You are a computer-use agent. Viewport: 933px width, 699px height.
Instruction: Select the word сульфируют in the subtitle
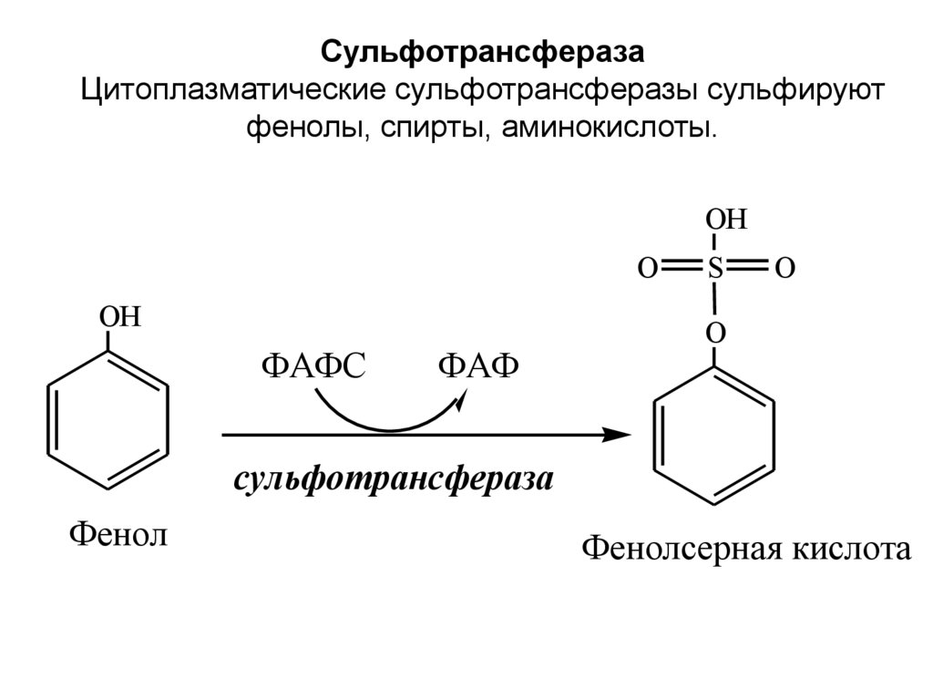click(x=763, y=90)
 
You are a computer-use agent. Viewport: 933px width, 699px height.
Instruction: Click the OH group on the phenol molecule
click(x=120, y=318)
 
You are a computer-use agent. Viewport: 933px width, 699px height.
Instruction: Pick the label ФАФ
click(x=478, y=366)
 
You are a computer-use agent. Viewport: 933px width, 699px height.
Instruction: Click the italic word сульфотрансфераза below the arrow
click(x=394, y=480)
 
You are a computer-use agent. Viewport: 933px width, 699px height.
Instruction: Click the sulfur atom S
click(x=715, y=268)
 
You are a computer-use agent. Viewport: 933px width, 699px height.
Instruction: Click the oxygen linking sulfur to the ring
click(x=716, y=334)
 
